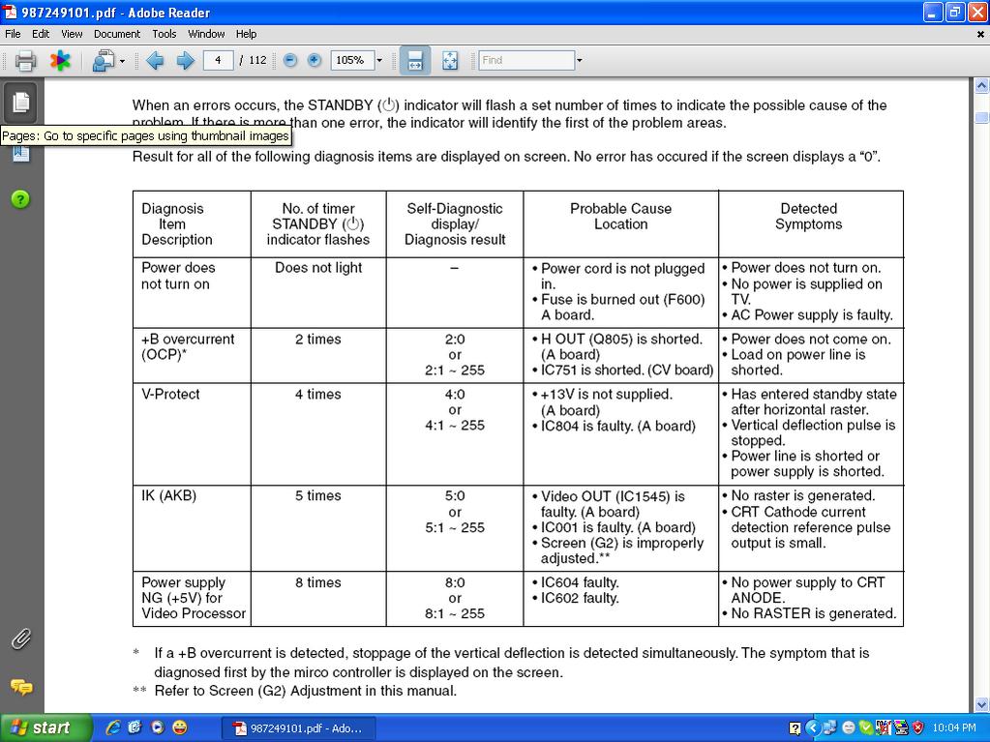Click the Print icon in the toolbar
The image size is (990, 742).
click(x=26, y=61)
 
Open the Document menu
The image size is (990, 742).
click(x=117, y=34)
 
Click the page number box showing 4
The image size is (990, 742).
click(x=218, y=60)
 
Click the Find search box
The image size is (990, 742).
click(x=526, y=60)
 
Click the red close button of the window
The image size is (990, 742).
click(x=977, y=13)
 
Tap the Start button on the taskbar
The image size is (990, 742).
click(x=45, y=727)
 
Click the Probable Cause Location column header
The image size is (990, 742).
click(x=620, y=216)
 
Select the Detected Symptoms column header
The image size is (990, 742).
click(x=808, y=216)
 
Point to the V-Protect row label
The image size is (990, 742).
click(x=170, y=394)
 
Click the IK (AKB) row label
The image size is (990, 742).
click(x=168, y=495)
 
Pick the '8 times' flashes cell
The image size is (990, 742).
click(x=317, y=582)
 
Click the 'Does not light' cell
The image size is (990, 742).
click(x=317, y=267)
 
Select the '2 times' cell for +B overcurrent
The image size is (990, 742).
click(x=317, y=339)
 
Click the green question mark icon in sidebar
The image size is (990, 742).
click(x=20, y=199)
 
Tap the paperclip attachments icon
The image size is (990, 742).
click(x=20, y=638)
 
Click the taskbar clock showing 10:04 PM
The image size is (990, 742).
click(x=954, y=727)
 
